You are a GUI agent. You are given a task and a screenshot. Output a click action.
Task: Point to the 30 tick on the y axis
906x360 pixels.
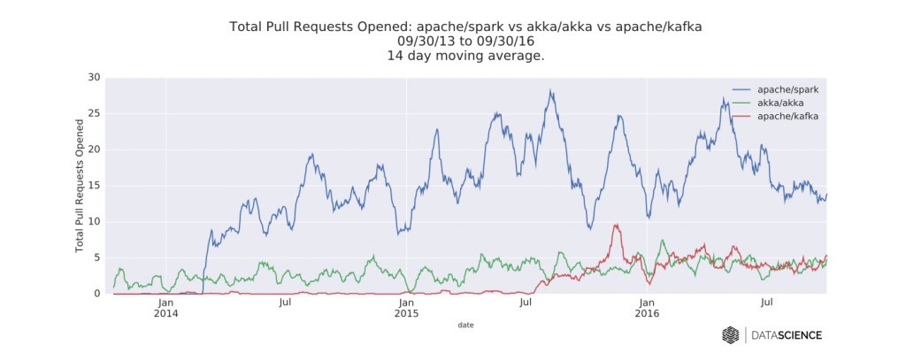[94, 78]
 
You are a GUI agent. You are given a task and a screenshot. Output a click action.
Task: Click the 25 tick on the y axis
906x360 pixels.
[94, 114]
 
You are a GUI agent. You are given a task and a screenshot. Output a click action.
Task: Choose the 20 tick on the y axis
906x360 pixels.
[94, 149]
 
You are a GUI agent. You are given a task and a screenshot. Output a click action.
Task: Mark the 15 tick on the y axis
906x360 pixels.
[94, 186]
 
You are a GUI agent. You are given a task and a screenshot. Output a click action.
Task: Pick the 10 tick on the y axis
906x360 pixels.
[94, 222]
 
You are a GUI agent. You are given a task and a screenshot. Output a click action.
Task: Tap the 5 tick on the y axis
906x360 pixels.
[96, 257]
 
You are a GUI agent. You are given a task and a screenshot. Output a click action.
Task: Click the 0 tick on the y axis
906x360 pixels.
[96, 294]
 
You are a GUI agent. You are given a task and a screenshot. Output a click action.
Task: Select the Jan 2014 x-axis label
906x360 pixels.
[165, 308]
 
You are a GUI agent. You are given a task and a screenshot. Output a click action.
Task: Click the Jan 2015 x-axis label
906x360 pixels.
[406, 308]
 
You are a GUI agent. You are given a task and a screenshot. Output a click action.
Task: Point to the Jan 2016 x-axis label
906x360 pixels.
[647, 308]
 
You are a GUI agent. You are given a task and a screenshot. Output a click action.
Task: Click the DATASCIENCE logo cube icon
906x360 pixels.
[731, 334]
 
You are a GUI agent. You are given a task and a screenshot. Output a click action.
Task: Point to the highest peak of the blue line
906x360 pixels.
[550, 90]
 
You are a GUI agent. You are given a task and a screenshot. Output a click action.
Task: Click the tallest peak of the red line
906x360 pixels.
[615, 225]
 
